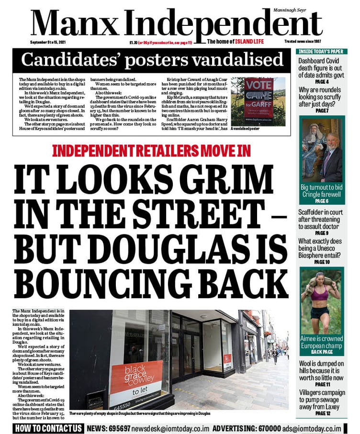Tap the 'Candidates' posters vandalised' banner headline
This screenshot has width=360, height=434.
(152, 60)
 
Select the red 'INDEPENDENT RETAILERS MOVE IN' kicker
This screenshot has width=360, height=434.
(151, 151)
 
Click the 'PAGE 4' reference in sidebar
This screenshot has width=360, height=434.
(321, 82)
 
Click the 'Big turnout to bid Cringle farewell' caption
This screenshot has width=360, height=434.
(321, 191)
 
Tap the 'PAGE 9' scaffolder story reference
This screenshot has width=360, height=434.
(321, 233)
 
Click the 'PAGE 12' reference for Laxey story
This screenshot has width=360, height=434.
(321, 412)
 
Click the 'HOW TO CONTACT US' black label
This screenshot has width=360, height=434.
(48, 428)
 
